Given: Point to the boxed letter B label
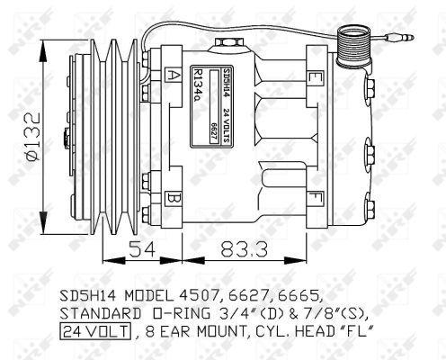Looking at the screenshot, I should coord(173,196).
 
